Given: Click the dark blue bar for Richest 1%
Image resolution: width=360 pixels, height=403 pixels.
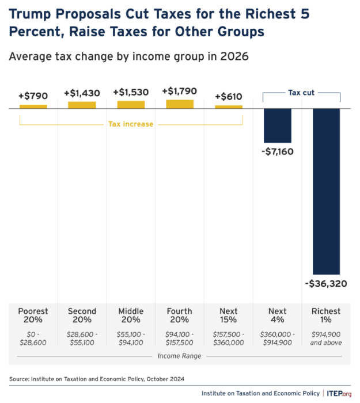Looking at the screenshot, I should click(x=327, y=191).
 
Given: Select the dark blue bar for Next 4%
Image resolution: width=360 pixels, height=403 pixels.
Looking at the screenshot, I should click(x=278, y=125).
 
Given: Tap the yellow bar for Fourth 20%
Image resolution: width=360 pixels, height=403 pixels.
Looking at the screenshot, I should click(x=180, y=104).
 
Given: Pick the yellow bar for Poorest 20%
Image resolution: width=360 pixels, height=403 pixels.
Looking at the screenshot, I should click(x=33, y=107).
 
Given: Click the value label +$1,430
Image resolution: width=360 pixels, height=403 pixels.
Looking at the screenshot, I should click(x=82, y=93).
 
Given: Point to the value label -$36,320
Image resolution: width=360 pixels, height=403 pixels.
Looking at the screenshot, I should click(x=326, y=283).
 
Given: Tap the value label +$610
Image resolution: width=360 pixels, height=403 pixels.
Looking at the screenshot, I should click(x=229, y=97).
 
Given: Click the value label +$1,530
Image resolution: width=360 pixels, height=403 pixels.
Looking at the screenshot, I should click(x=131, y=93).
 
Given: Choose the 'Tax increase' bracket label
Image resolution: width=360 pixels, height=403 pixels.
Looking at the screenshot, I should click(x=131, y=124).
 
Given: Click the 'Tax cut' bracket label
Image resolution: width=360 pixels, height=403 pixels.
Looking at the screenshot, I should click(x=302, y=92).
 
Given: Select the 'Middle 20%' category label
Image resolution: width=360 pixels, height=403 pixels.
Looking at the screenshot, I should click(x=131, y=316).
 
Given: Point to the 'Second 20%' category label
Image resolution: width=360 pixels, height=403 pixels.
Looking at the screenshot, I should click(x=82, y=316).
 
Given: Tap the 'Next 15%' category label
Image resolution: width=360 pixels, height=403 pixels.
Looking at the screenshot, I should click(x=229, y=316).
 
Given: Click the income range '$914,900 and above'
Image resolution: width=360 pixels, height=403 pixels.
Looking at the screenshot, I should click(x=327, y=338).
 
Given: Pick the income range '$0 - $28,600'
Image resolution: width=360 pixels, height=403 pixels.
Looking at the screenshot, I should click(x=33, y=338).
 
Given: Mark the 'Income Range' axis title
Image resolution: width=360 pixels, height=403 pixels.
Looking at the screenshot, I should click(x=180, y=356).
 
